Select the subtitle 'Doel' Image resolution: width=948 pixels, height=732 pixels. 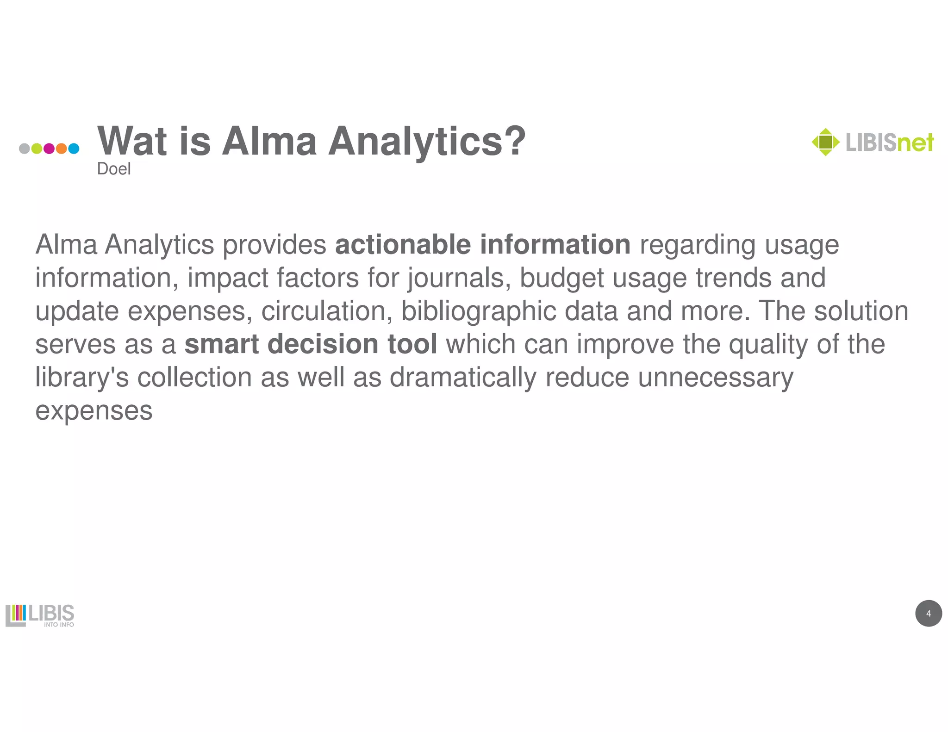[114, 169]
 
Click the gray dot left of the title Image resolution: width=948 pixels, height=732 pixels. [25, 149]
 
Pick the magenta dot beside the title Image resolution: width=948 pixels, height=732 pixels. [49, 149]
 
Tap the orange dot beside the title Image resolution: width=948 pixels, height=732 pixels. [61, 149]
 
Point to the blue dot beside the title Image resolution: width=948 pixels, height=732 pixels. [74, 149]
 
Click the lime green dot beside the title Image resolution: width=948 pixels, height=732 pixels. [37, 149]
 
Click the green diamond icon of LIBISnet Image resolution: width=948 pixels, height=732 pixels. [825, 142]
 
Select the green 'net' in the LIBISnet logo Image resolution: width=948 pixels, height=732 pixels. [915, 143]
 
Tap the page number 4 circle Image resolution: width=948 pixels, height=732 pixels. [928, 614]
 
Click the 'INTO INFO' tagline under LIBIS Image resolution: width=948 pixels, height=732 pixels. [59, 625]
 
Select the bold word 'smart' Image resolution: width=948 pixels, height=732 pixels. [221, 344]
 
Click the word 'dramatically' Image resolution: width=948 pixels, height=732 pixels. [463, 378]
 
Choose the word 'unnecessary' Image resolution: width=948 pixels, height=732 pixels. [716, 378]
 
